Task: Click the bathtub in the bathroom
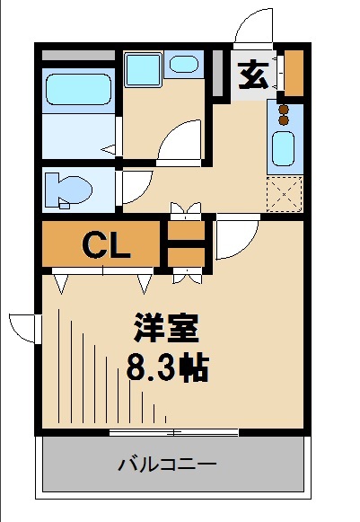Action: [77, 90]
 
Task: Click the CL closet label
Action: [106, 243]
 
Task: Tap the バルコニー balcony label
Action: [167, 465]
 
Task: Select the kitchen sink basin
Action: [283, 146]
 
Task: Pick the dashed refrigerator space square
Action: [285, 191]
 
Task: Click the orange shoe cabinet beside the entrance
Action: [293, 74]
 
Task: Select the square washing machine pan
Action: [141, 68]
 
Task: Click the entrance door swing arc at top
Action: [255, 25]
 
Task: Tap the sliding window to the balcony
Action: [174, 433]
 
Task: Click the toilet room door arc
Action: [132, 187]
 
